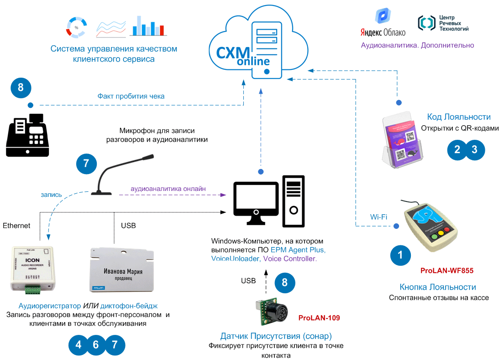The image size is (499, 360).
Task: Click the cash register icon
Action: coord(31,136)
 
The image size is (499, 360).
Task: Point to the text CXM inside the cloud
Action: coord(233,53)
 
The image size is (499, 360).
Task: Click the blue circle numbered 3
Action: coord(475,149)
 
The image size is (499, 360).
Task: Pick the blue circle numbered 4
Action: coord(79,345)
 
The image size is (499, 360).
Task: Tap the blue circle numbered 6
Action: coord(96,345)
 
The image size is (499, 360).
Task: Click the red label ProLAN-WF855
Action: coord(446,270)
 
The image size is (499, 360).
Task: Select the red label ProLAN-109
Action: coord(319,318)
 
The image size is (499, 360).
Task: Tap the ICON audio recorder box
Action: coord(32,268)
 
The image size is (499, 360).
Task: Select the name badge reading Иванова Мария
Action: coord(122,269)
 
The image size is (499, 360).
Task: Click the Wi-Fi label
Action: coord(378,217)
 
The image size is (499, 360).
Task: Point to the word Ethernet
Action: coord(16,225)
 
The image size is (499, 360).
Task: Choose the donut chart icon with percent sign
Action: coord(76,27)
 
